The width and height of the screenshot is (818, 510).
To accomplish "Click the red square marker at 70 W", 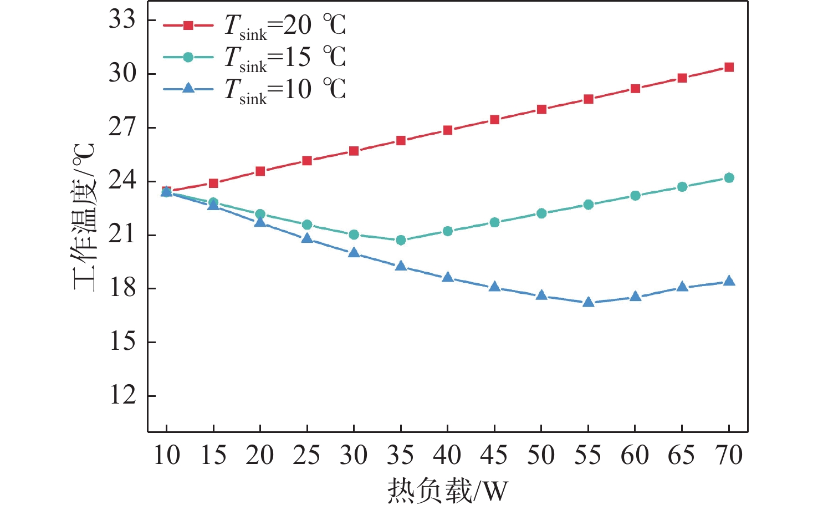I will (x=729, y=68).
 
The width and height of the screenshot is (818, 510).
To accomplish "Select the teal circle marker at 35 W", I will (x=401, y=240).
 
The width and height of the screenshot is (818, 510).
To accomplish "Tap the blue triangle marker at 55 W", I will (x=589, y=302).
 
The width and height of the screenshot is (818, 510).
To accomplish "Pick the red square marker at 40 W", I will (x=448, y=130).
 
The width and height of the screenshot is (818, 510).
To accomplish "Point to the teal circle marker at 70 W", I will (x=729, y=178).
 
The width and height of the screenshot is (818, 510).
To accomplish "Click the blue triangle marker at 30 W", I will (x=354, y=253).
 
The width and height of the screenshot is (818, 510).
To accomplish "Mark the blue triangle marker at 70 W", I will (x=729, y=281).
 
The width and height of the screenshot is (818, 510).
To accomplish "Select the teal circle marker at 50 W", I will (x=541, y=213).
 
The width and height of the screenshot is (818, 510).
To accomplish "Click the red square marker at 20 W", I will (x=260, y=171).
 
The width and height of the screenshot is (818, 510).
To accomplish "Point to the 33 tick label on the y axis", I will (x=122, y=19).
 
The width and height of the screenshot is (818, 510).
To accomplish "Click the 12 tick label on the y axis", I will (x=122, y=395).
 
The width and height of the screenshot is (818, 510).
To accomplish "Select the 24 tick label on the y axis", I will (x=122, y=181).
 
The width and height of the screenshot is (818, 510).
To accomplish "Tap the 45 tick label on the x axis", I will (x=494, y=455).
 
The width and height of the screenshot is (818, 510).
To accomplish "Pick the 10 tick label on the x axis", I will (x=167, y=455).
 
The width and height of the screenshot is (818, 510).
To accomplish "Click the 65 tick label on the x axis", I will (x=682, y=455).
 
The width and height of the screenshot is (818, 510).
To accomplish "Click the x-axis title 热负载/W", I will (x=447, y=491).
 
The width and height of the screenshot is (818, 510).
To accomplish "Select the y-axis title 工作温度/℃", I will (x=85, y=217).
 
